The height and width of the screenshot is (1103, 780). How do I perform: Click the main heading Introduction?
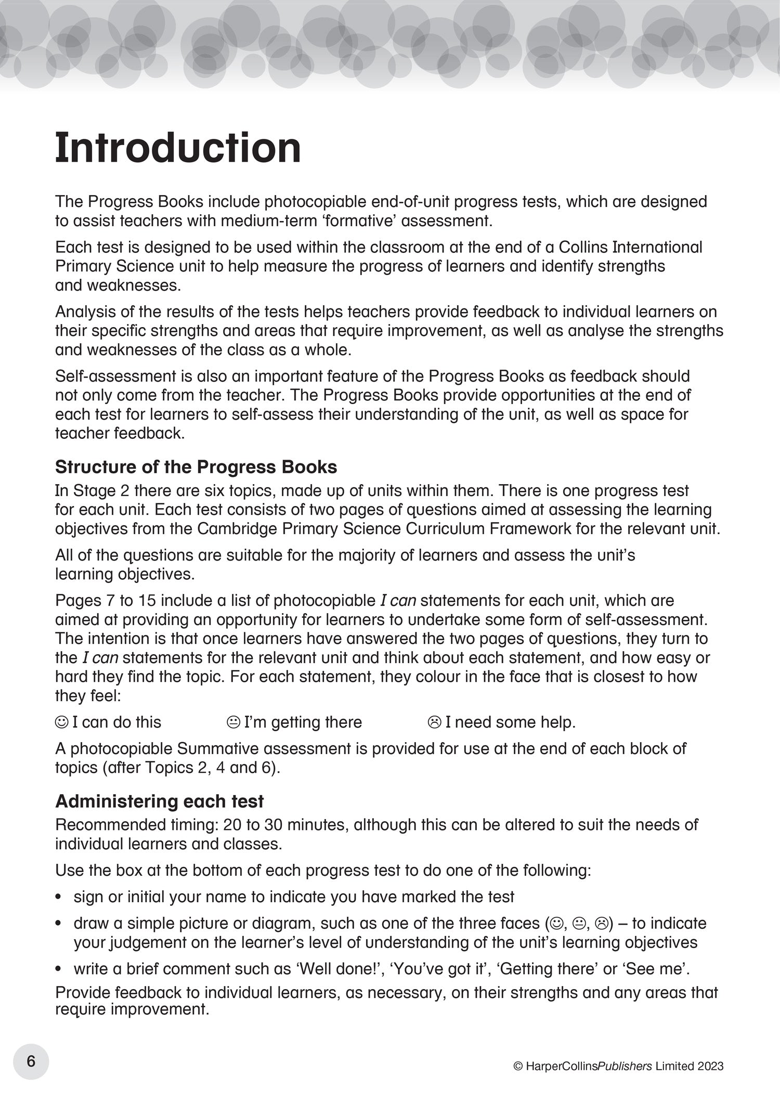click(178, 149)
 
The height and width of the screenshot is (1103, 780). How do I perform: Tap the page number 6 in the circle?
click(31, 1061)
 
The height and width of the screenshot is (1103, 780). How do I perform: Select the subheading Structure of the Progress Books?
click(196, 467)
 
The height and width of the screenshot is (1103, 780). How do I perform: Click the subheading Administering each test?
click(159, 801)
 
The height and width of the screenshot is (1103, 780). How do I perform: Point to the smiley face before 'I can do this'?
click(61, 722)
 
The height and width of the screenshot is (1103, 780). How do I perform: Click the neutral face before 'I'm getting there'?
click(233, 722)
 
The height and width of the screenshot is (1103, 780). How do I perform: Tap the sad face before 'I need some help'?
click(434, 722)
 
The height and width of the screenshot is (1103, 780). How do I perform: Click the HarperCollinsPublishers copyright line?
click(618, 1066)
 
